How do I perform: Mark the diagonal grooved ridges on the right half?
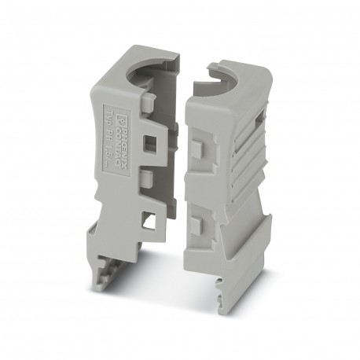click(x=236, y=157)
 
